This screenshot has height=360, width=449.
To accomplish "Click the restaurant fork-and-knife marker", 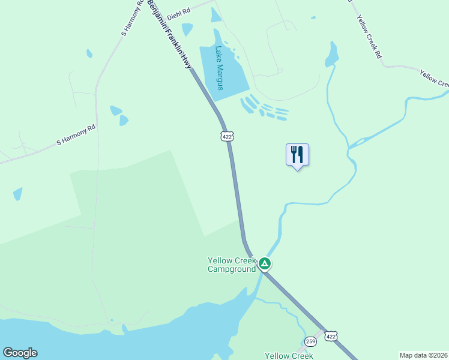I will point(297,155).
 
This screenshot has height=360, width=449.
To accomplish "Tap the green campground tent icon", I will point(265,263).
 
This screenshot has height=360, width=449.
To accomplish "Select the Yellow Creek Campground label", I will point(231,265).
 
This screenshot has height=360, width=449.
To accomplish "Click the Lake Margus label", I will point(219,68).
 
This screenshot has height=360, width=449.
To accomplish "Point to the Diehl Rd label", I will point(178,11).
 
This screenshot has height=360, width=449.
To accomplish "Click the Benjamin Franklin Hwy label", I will point(170,35).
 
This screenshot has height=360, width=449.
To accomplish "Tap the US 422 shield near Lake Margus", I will point(226,136).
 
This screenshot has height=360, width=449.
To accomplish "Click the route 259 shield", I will point(310,341).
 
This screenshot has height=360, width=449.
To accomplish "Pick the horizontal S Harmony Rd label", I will point(76,135).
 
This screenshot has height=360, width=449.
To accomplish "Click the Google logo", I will point(20,353).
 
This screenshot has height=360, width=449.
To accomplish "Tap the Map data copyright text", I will point(424,355).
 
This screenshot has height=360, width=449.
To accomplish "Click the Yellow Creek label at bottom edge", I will point(289,356).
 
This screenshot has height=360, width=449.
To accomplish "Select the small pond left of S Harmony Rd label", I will point(17,194).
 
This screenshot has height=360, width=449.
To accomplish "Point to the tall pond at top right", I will point(331,54).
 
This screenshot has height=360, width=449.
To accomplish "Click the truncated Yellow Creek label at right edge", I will point(435,79).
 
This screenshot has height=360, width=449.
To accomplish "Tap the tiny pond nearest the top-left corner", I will point(89,53).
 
